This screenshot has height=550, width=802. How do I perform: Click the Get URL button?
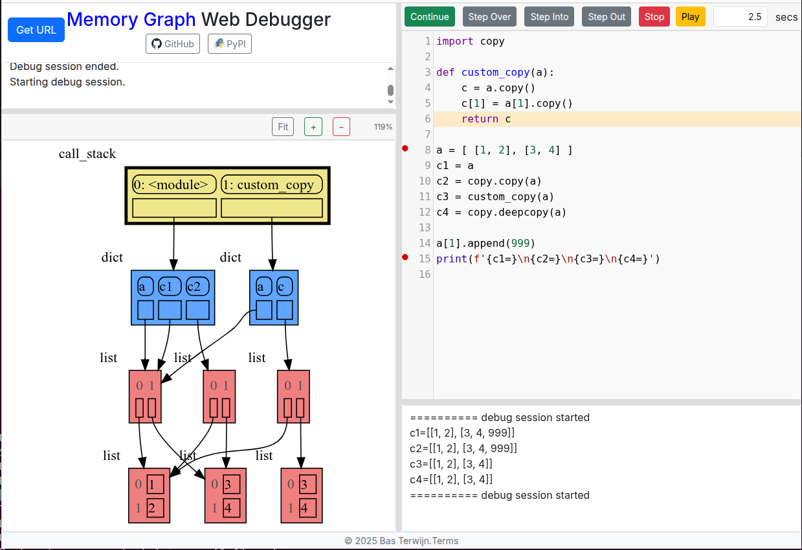click(x=36, y=30)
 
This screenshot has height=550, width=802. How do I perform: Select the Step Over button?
click(x=489, y=17)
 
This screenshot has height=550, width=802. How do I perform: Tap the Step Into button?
click(x=549, y=17)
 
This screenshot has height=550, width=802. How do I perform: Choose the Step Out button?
click(x=607, y=17)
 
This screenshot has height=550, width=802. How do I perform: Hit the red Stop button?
click(x=654, y=17)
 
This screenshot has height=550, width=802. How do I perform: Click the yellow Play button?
click(x=690, y=17)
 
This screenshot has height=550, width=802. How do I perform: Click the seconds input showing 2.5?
click(x=740, y=17)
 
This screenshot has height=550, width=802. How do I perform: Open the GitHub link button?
click(x=172, y=44)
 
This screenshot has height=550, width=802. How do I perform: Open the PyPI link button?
click(x=229, y=44)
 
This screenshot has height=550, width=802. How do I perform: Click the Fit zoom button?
click(x=283, y=127)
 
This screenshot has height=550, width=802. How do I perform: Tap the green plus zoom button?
click(x=313, y=127)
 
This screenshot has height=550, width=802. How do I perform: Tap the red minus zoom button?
click(x=341, y=127)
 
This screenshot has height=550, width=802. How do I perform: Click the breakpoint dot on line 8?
click(x=406, y=148)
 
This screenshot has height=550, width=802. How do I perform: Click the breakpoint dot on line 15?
click(x=406, y=257)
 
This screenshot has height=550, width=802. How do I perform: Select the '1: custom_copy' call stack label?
click(x=272, y=185)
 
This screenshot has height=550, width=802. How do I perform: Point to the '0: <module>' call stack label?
click(x=174, y=185)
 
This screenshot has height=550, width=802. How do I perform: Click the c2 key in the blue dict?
click(x=197, y=286)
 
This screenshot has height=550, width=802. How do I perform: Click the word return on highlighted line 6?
click(x=480, y=119)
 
